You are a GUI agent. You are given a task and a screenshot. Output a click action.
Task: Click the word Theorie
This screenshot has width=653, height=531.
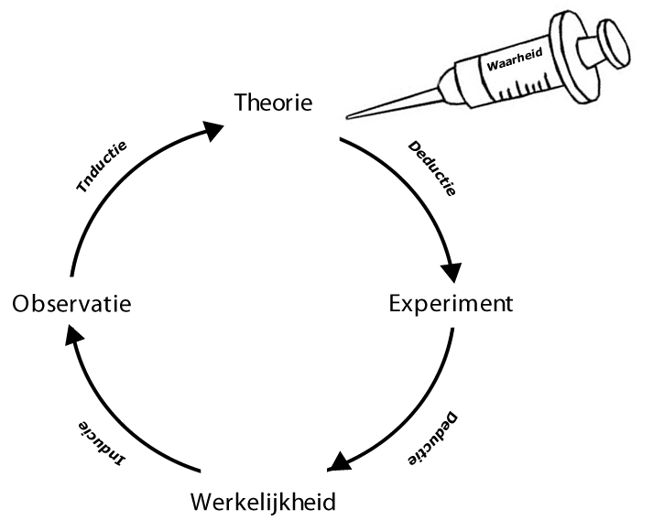(274, 102)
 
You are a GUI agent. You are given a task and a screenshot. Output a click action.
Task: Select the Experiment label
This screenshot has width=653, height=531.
(450, 303)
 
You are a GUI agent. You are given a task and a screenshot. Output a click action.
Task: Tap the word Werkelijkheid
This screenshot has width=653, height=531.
(263, 502)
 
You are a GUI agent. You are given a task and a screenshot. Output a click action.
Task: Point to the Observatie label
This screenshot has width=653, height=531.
(71, 303)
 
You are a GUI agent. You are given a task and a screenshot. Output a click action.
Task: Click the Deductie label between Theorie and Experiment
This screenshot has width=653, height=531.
(430, 170)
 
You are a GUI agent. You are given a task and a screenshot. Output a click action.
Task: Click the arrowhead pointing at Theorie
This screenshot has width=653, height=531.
(212, 130)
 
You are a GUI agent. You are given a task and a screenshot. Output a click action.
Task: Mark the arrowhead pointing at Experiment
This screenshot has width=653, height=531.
(451, 272)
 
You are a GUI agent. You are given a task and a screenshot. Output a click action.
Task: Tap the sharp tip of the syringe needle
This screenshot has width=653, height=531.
(351, 116)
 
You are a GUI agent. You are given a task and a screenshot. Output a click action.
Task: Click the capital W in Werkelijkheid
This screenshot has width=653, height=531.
(202, 502)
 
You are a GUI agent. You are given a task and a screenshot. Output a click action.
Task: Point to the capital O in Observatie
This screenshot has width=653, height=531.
(23, 303)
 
